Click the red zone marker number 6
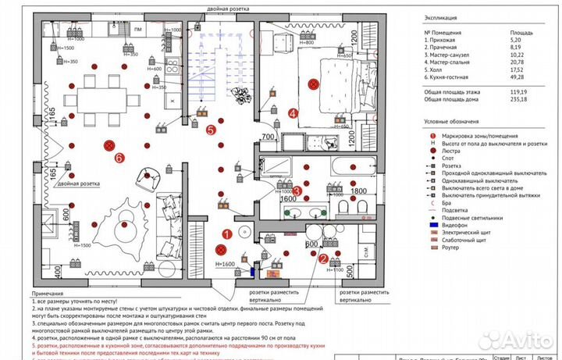(x=119, y=158)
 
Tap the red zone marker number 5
(x=211, y=130)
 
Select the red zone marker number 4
(x=293, y=112)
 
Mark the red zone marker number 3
(x=297, y=191)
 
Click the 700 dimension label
(x=267, y=137)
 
